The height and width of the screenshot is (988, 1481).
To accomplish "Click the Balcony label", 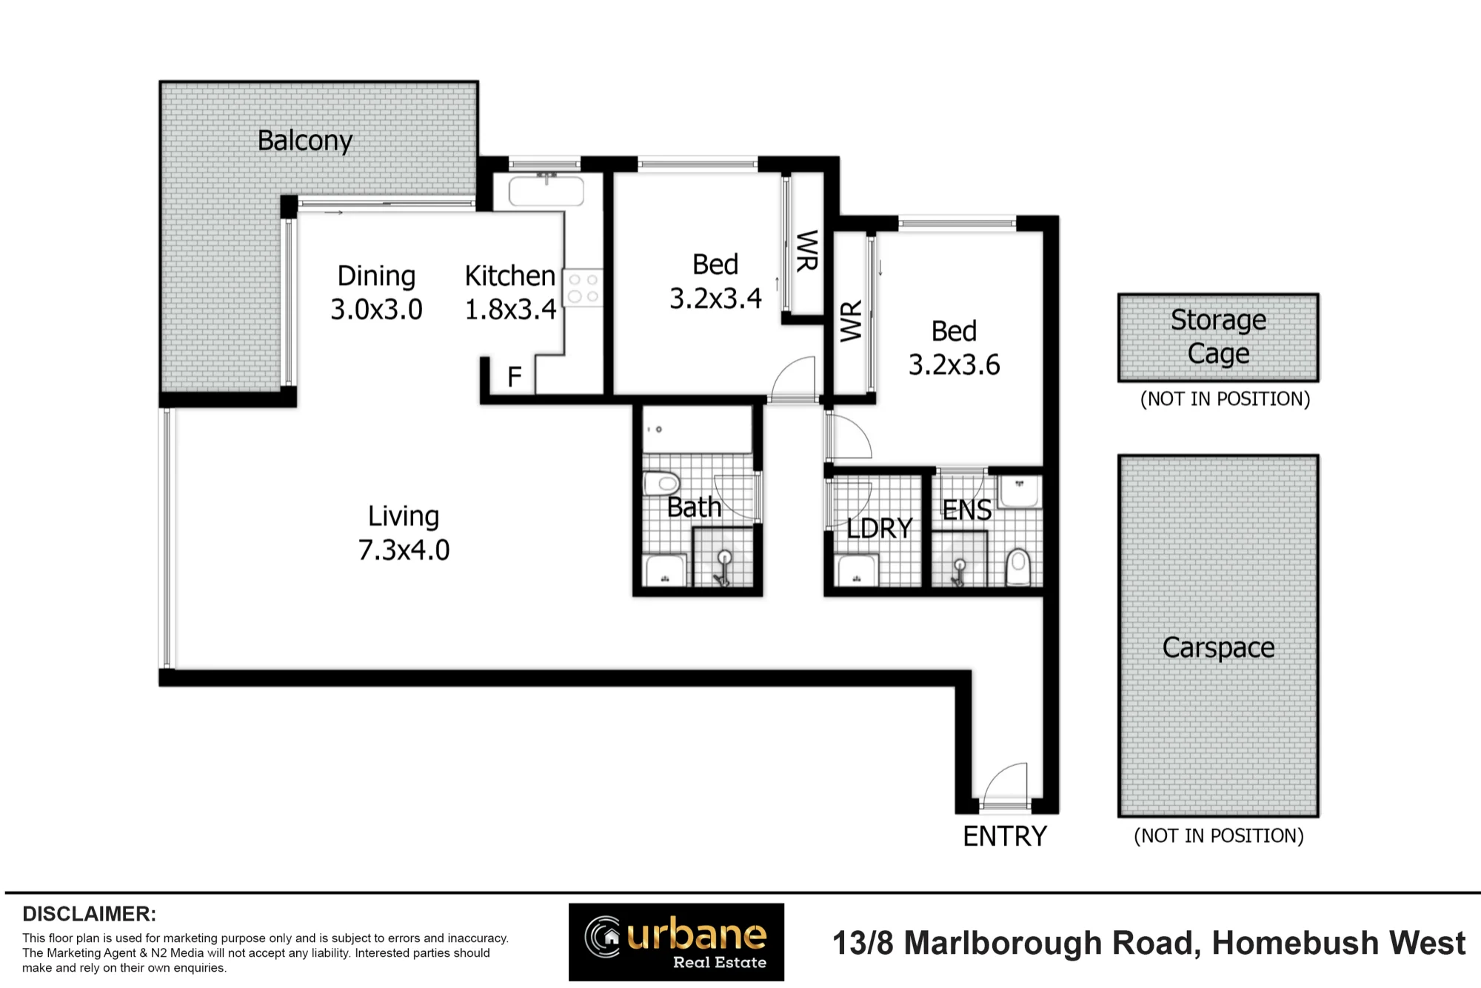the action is (304, 141).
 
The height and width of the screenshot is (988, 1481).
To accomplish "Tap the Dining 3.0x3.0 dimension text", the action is (376, 309).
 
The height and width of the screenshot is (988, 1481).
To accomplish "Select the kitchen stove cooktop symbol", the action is (583, 287).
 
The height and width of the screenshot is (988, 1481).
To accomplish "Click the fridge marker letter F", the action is (515, 377).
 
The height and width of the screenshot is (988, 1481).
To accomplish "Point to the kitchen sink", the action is (546, 191).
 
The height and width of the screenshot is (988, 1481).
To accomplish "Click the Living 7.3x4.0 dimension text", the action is (404, 550).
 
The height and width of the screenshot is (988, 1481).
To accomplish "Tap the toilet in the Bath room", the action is (661, 484).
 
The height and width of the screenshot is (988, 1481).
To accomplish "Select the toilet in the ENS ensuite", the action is (1019, 567).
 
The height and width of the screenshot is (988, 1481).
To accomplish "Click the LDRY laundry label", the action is (880, 528).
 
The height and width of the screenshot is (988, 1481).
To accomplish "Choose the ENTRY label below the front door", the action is (1005, 836).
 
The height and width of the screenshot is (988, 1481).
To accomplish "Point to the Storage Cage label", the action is (1218, 337).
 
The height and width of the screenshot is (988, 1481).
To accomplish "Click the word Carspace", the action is (1218, 648).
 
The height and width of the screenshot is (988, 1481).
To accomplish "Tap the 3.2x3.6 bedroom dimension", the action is (954, 364).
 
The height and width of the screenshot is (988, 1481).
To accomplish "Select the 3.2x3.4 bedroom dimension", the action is (715, 298).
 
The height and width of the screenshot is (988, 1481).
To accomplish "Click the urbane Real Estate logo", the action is (676, 942).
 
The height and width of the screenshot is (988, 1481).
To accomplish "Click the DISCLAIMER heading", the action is (89, 914).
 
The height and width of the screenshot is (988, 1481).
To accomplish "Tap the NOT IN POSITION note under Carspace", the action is (1218, 836).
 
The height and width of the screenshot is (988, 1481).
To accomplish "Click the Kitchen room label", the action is (509, 276).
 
